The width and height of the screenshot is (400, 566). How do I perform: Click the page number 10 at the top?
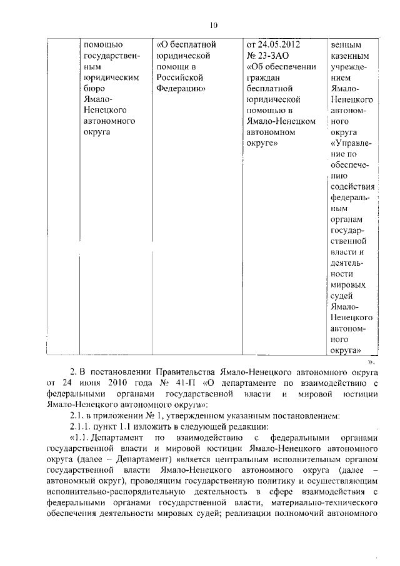212,25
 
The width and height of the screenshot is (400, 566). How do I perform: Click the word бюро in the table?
93,88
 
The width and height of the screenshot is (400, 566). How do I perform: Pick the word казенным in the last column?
351,56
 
